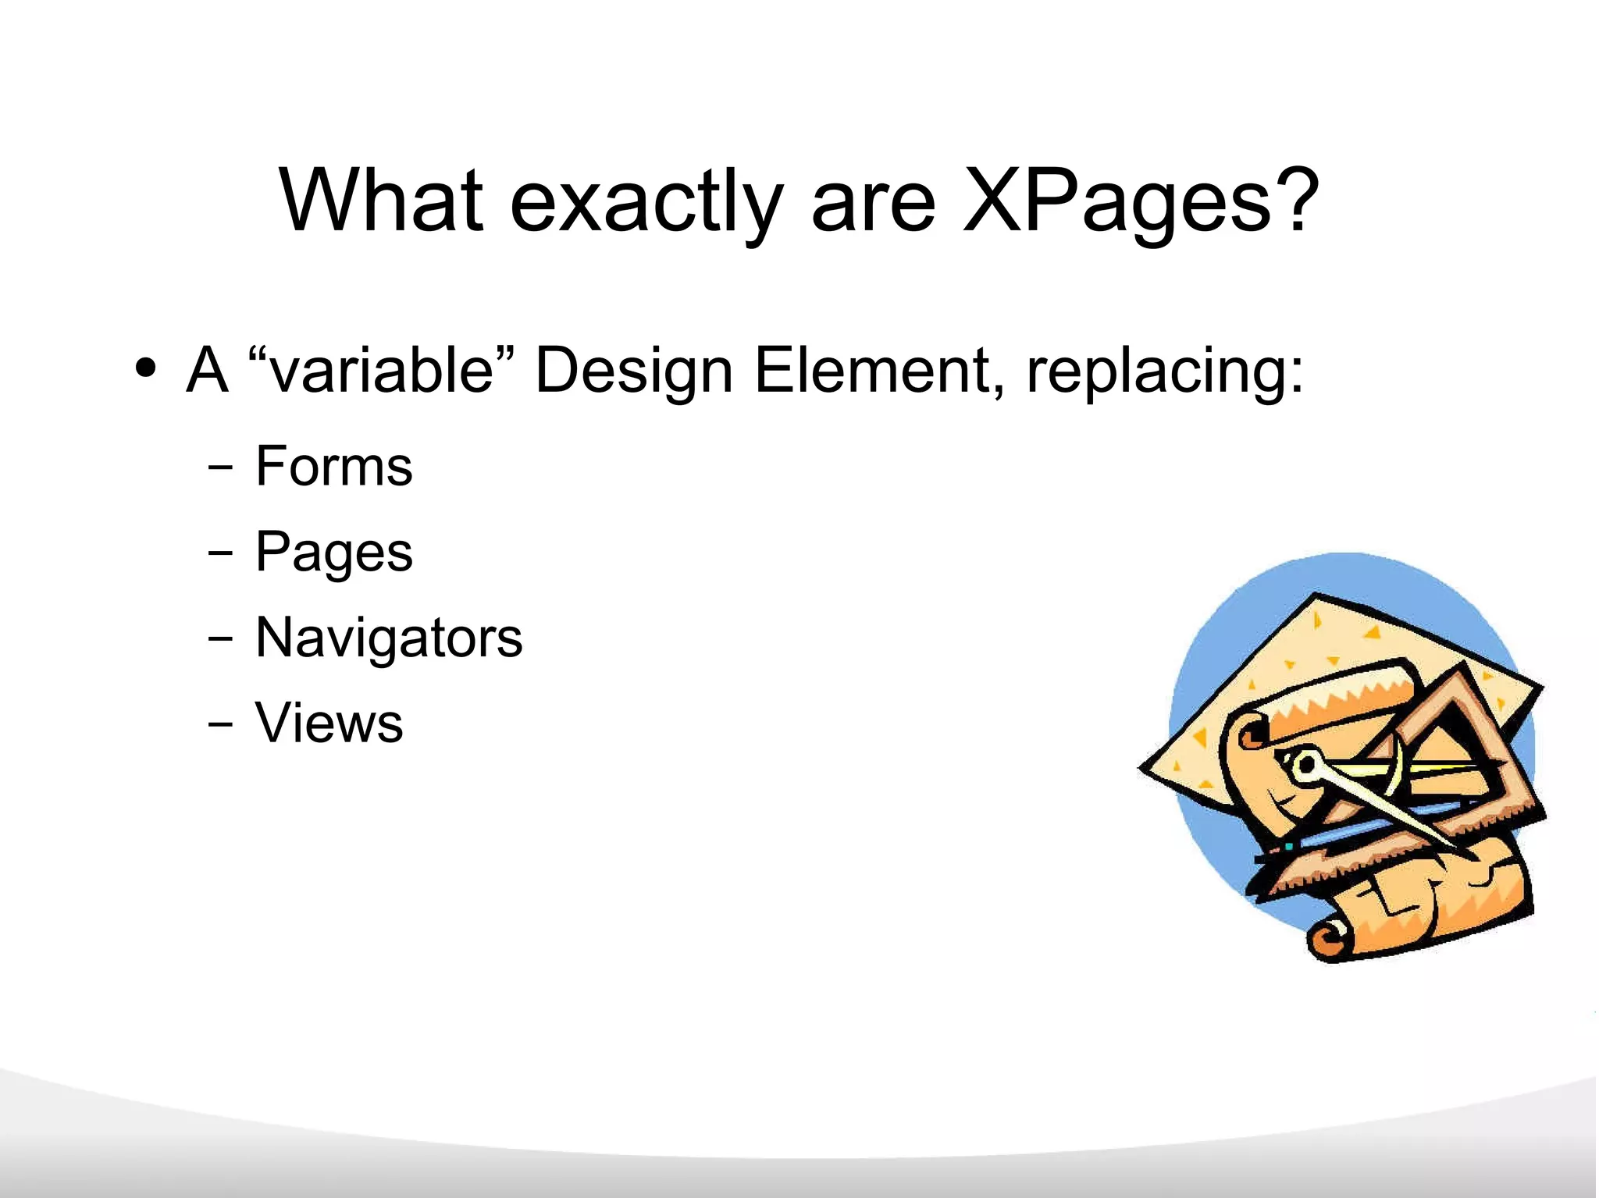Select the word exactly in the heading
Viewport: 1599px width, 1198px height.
646,203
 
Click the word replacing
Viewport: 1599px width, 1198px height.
1165,371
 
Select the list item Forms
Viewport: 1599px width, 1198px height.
333,467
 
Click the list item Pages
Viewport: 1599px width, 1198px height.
333,553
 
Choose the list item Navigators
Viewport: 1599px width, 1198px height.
388,638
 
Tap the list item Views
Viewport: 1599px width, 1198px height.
329,723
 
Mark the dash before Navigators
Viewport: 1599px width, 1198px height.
220,638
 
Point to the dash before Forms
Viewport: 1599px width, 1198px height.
220,467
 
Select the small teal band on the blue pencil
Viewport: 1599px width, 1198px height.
1288,846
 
